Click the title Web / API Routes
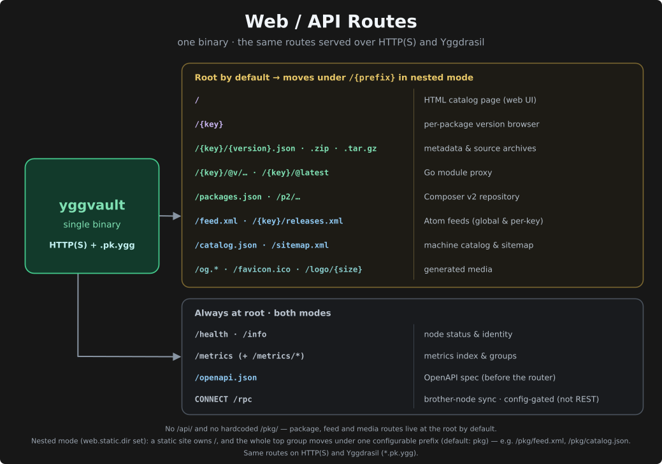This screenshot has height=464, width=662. click(331, 22)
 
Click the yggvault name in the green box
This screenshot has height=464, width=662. click(92, 206)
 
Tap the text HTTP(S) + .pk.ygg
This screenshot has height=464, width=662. click(92, 245)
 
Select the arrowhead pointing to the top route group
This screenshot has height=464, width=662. click(177, 216)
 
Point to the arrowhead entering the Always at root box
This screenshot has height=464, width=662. click(177, 357)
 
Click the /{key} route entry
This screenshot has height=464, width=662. click(209, 124)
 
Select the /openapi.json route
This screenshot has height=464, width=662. click(226, 377)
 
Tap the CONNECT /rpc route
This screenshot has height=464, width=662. click(224, 399)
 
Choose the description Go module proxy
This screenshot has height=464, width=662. click(457, 172)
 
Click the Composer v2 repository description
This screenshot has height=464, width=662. click(471, 197)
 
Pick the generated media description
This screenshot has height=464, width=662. click(458, 269)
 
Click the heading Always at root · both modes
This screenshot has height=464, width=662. click(263, 313)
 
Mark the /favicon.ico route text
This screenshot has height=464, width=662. click(262, 269)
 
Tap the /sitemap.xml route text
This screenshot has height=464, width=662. click(300, 245)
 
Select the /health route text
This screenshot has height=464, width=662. click(211, 334)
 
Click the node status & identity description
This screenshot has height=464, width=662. click(468, 334)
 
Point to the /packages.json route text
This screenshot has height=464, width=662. click(228, 197)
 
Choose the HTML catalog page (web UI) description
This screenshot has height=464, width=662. click(480, 100)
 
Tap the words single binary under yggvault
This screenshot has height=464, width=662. click(92, 225)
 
